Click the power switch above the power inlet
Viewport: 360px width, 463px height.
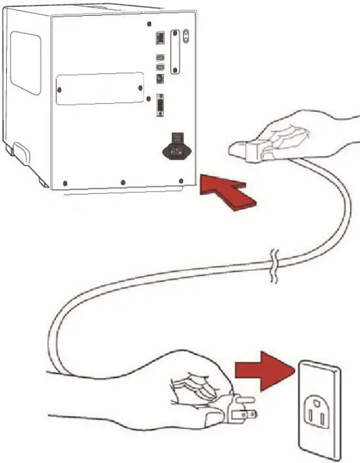(x=176, y=138)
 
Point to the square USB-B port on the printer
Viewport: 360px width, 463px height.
(x=160, y=78)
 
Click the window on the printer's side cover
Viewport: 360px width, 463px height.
(x=26, y=63)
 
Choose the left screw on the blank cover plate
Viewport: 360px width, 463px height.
(x=59, y=89)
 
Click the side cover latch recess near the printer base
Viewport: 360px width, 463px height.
(x=22, y=155)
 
